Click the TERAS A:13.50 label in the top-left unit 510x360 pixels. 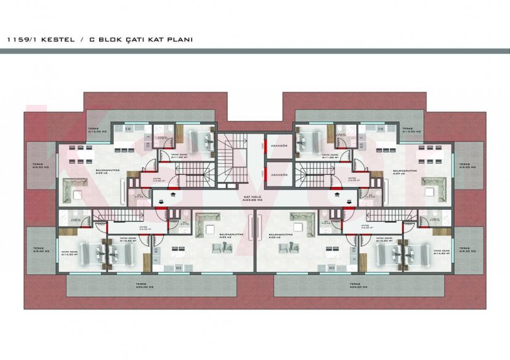tap(97, 130)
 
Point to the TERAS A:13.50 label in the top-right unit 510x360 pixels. tap(411, 130)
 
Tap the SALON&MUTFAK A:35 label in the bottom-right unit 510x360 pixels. tap(282, 236)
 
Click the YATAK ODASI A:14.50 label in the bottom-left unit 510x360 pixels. tap(69, 253)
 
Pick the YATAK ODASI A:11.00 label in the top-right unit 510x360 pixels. tap(331, 156)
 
